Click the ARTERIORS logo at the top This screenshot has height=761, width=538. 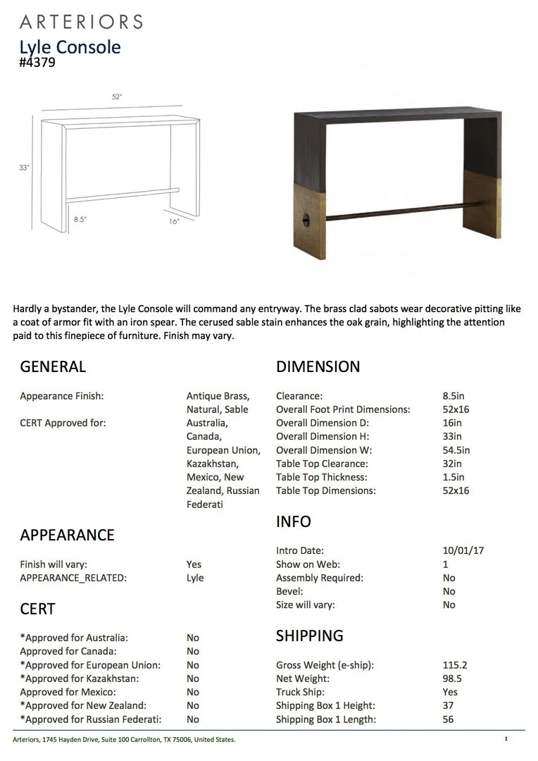[x=81, y=22]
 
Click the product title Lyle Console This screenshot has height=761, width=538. [x=70, y=47]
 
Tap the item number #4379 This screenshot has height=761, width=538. [x=37, y=62]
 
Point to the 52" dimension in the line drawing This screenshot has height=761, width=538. [x=117, y=97]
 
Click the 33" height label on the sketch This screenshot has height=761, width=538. [x=25, y=168]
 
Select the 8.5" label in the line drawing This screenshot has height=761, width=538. [x=80, y=219]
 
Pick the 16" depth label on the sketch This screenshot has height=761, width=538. [x=175, y=221]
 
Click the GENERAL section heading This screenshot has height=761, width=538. [x=53, y=366]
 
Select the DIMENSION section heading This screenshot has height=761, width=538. [x=318, y=366]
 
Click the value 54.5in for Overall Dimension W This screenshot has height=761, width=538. [x=456, y=450]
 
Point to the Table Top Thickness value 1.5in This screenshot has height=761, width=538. [x=453, y=477]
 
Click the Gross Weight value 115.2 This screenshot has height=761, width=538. [x=455, y=665]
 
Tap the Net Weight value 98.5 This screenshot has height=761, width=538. [x=452, y=679]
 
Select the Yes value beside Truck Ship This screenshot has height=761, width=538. [x=450, y=692]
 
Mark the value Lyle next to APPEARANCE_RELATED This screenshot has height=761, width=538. [x=195, y=578]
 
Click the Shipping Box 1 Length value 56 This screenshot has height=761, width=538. [x=449, y=719]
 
